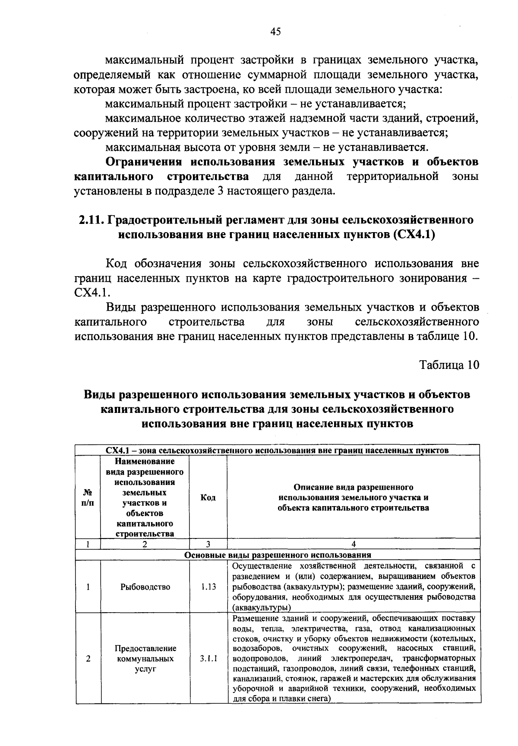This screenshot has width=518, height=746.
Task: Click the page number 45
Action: (x=275, y=31)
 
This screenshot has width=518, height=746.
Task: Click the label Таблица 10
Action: (x=449, y=365)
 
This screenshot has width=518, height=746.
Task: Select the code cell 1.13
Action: (x=208, y=587)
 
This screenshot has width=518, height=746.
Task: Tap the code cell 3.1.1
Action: (x=208, y=659)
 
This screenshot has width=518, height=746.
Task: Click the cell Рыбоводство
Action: (x=145, y=587)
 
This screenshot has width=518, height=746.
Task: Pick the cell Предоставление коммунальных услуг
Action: (x=145, y=659)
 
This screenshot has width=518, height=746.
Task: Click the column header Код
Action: (x=208, y=497)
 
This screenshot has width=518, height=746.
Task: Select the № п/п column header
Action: (x=88, y=497)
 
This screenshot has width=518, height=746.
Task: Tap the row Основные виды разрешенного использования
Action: (x=278, y=555)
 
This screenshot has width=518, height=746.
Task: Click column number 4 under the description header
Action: (x=354, y=545)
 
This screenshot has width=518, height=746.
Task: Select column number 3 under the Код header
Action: (x=208, y=545)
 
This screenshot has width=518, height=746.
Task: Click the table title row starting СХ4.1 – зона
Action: (x=278, y=450)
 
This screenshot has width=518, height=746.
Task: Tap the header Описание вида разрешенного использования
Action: (x=353, y=497)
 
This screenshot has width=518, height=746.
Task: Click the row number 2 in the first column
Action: (x=88, y=659)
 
